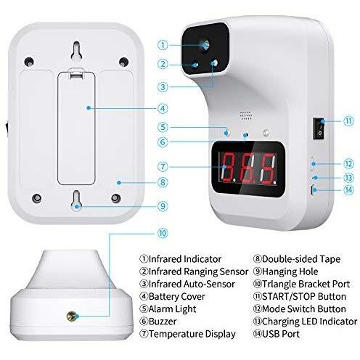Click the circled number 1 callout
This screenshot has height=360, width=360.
[x=163, y=45]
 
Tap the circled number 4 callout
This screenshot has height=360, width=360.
[x=163, y=108]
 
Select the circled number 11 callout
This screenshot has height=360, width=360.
[x=348, y=121]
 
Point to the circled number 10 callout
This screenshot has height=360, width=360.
[x=163, y=234]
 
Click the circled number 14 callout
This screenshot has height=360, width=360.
[x=348, y=190]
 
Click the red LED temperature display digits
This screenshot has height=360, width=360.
[x=249, y=168]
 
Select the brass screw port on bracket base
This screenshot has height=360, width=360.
[x=72, y=316]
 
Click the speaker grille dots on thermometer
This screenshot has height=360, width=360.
[x=247, y=115]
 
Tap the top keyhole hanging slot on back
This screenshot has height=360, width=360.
[x=76, y=50]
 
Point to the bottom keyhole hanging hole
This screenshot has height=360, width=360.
[x=76, y=200]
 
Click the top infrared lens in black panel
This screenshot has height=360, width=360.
[x=205, y=45]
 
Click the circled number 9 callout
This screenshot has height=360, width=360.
[x=163, y=206]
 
